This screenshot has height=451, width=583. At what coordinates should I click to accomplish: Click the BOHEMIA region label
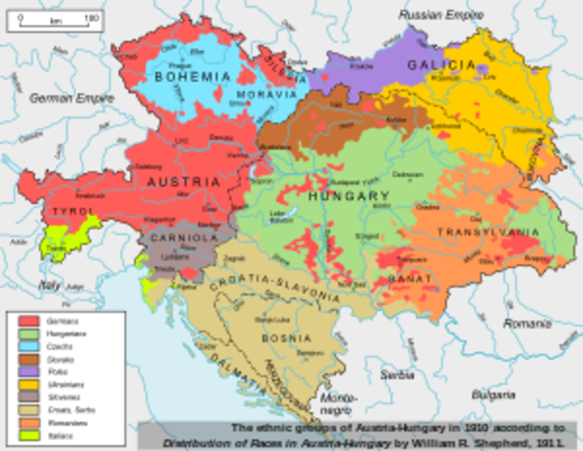(192, 76)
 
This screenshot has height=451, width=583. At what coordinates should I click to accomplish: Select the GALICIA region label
(441, 65)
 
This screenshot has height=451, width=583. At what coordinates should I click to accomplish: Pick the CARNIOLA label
(183, 239)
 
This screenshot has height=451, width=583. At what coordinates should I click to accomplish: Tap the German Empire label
(64, 98)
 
